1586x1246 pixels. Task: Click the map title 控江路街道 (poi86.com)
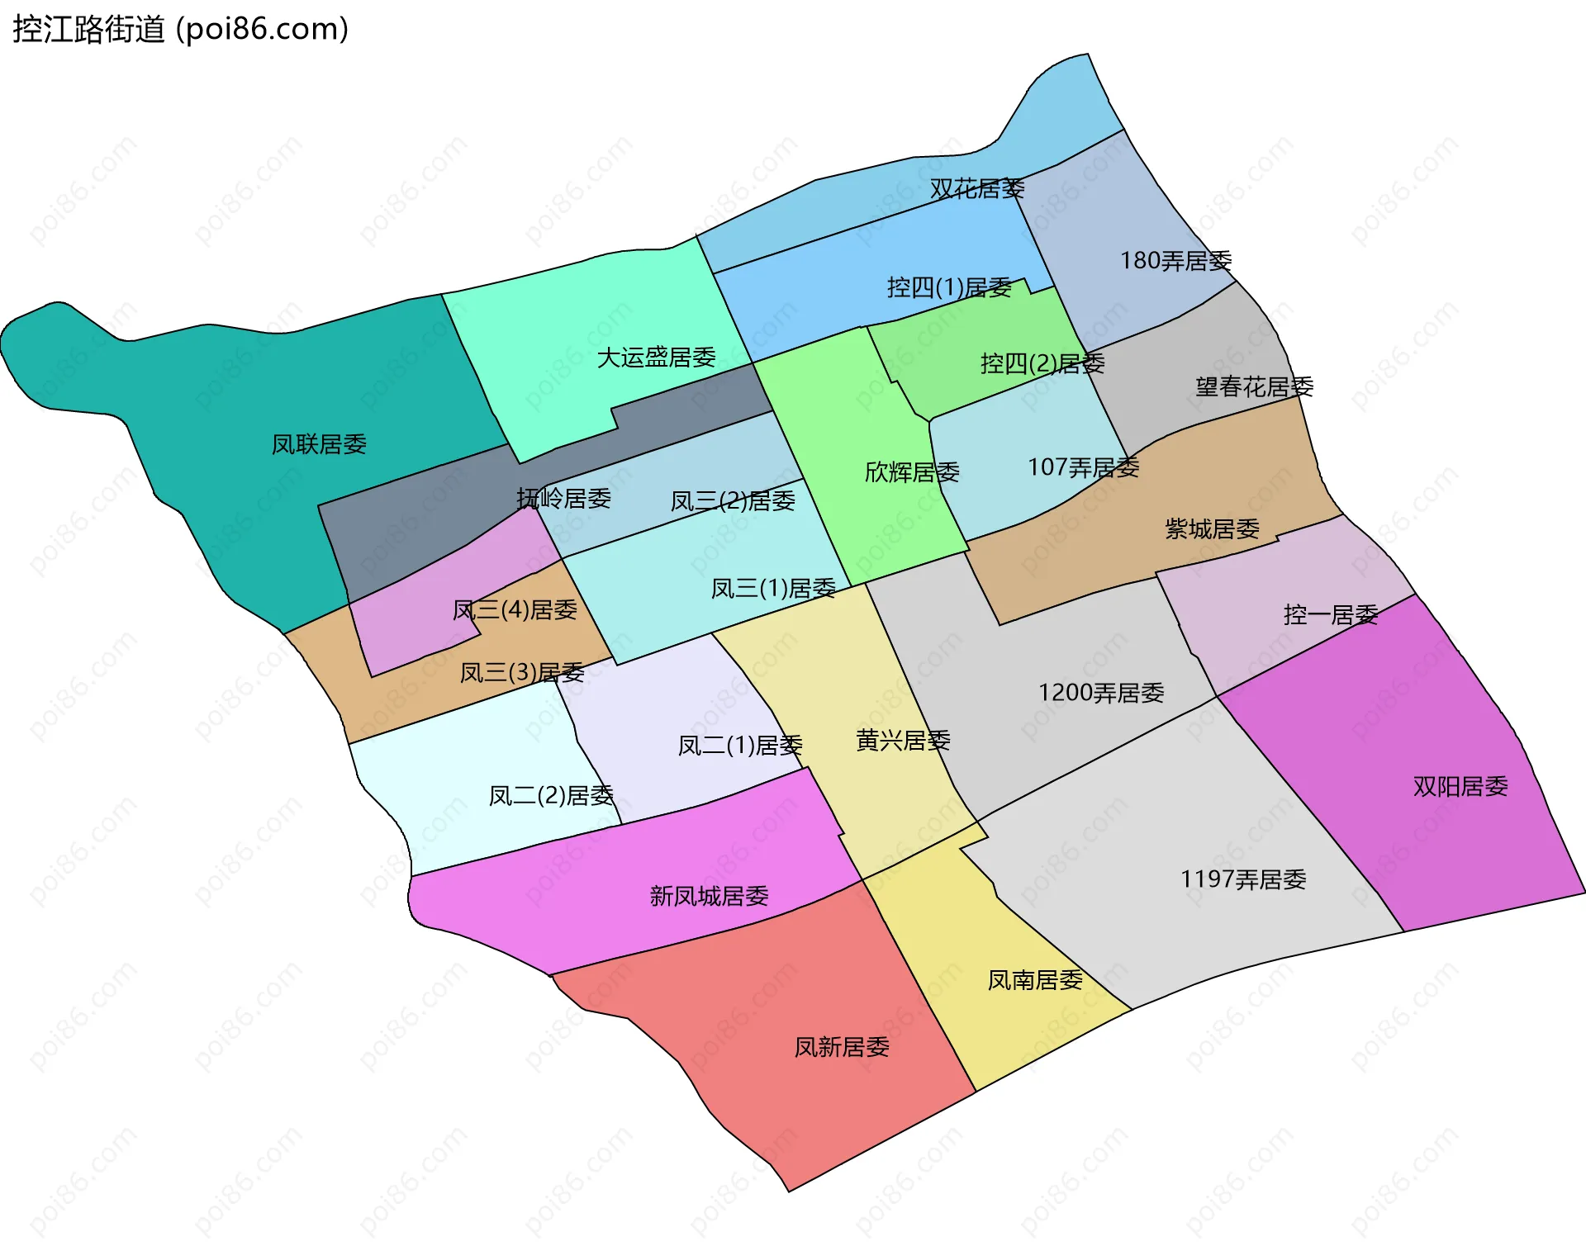click(x=180, y=29)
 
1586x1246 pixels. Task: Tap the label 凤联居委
click(x=319, y=444)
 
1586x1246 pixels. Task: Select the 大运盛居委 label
click(x=656, y=358)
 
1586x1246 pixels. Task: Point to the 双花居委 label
click(x=976, y=189)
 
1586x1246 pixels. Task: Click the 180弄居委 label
click(x=1175, y=261)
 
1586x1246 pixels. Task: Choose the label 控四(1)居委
click(x=949, y=287)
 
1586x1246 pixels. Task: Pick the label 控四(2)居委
click(x=1042, y=363)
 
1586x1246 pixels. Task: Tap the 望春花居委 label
click(x=1254, y=386)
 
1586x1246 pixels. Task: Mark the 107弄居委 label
click(x=1083, y=467)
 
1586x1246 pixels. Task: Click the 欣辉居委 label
click(x=912, y=472)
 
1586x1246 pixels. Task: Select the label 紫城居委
click(x=1212, y=528)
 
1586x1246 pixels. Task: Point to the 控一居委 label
click(x=1331, y=614)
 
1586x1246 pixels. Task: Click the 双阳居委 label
click(x=1460, y=786)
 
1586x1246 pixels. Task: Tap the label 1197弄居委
click(x=1243, y=879)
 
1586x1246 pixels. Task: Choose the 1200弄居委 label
click(x=1101, y=693)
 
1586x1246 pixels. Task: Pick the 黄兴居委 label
click(x=903, y=741)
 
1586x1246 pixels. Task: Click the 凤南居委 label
click(x=1035, y=980)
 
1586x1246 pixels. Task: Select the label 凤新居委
click(x=842, y=1047)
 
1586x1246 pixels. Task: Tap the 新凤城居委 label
click(x=709, y=896)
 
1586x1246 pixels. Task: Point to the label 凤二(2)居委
click(x=551, y=795)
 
